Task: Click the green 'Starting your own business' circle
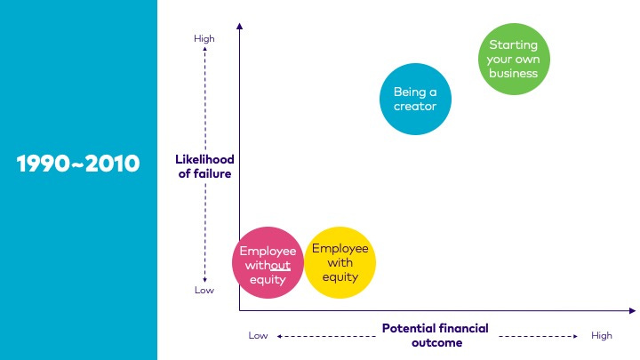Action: coord(515,59)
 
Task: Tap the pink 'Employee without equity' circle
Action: coord(268,264)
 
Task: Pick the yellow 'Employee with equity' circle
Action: coord(340,262)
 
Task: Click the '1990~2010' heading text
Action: coord(78,164)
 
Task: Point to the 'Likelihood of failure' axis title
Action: coord(204,166)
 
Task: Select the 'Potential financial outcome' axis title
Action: coord(436,335)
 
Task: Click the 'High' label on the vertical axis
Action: coord(204,38)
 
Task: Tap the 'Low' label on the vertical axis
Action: coord(204,290)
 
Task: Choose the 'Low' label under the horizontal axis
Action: coord(258,335)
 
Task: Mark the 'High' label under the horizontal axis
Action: coord(602,335)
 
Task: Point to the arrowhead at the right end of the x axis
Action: coord(632,310)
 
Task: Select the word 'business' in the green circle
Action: coord(515,73)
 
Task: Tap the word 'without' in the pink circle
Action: coord(268,265)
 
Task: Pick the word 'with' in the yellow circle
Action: coord(340,262)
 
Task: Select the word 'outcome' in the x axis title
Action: coord(436,342)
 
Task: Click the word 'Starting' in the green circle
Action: coord(515,44)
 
